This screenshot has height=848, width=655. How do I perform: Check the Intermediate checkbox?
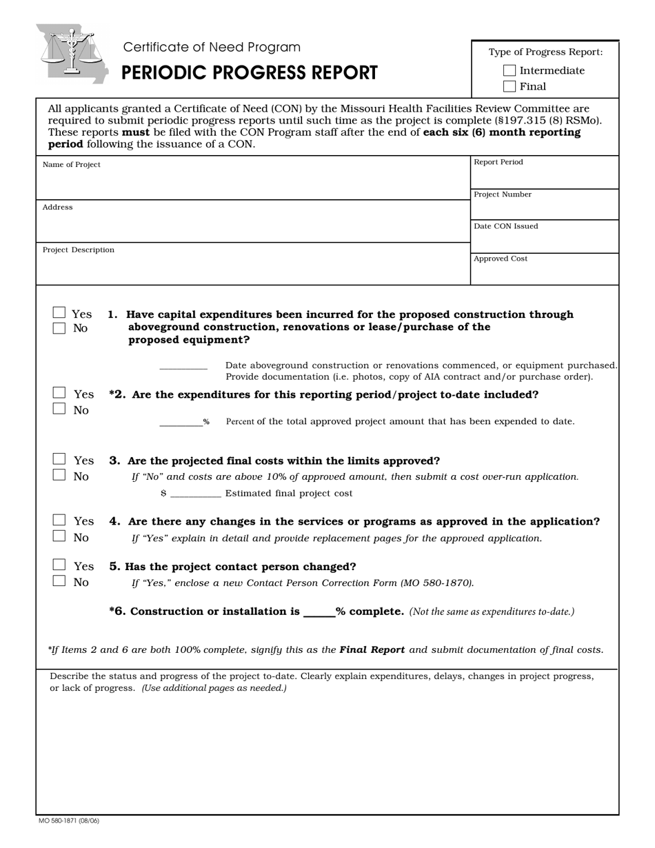(510, 70)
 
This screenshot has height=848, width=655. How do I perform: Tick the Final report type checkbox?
(510, 86)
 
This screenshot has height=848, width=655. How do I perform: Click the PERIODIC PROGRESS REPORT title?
(250, 73)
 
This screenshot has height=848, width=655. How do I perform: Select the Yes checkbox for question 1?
(59, 313)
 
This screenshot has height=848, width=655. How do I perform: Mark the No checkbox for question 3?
(59, 475)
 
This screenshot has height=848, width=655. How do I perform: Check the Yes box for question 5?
(59, 565)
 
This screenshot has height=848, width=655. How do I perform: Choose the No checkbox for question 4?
(59, 536)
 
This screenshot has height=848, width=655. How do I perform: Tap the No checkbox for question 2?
(59, 409)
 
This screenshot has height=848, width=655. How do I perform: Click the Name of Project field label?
(72, 165)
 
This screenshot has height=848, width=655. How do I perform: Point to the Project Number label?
(503, 194)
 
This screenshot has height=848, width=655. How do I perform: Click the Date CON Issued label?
(506, 226)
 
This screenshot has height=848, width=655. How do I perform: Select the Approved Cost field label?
(501, 259)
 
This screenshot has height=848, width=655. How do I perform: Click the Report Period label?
(498, 162)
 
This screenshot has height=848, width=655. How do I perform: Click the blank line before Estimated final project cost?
(195, 493)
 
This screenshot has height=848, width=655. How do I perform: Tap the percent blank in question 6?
(319, 612)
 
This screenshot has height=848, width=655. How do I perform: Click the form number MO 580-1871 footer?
(69, 820)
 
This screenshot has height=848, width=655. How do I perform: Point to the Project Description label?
(79, 250)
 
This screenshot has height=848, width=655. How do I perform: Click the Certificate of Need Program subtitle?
(212, 47)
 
